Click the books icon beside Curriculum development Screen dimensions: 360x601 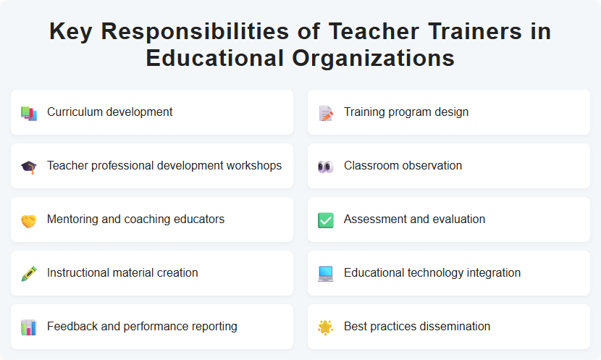[x=29, y=113]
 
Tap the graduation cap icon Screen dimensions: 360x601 [x=29, y=167]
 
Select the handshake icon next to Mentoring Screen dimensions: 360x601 [x=29, y=220]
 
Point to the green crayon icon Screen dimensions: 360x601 [x=29, y=274]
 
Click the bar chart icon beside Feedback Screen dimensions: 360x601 [x=29, y=327]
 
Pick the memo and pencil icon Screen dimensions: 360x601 [x=326, y=113]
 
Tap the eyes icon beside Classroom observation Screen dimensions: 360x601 [x=326, y=167]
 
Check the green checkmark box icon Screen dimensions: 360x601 [x=326, y=220]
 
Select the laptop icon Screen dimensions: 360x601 [x=326, y=274]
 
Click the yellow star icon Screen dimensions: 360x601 [x=326, y=327]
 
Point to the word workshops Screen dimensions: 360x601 [x=253, y=166]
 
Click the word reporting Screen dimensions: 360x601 [x=212, y=327]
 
